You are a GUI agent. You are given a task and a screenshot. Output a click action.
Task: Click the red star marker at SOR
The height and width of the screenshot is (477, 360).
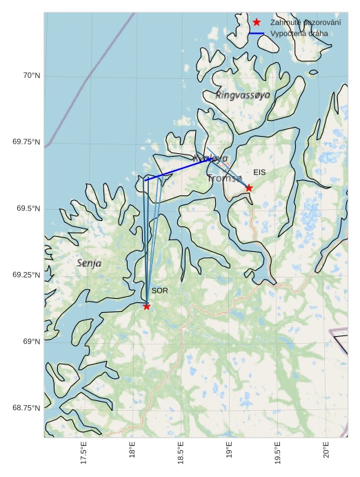(x=146, y=306)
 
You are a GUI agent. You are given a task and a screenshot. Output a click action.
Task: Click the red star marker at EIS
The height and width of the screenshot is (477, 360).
(x=249, y=188)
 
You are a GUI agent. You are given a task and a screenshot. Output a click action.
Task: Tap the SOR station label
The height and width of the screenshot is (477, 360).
(x=159, y=291)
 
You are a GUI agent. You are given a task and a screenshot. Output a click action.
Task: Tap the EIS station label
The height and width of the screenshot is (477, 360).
(x=259, y=172)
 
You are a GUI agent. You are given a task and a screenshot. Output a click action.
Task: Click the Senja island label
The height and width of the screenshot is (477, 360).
(x=89, y=263)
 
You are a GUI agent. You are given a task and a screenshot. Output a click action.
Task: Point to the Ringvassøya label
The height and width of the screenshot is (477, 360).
(x=243, y=95)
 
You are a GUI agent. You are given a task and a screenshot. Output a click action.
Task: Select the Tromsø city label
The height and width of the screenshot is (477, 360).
(x=224, y=178)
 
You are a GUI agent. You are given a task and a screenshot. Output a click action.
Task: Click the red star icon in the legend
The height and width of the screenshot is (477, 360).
(x=257, y=22)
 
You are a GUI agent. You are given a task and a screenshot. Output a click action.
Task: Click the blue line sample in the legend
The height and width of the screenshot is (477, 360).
(x=257, y=33)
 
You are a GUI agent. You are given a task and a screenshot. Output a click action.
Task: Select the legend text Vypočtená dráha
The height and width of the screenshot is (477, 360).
(x=299, y=33)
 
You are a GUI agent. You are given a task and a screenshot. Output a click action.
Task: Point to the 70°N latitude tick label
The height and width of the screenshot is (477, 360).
(x=30, y=75)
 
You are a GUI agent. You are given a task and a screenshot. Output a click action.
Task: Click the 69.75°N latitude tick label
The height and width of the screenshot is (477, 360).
(x=26, y=142)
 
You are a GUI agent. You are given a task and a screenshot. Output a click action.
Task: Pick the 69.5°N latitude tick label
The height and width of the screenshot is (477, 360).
(x=28, y=208)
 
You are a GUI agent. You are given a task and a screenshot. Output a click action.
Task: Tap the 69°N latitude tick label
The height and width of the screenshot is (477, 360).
(x=31, y=341)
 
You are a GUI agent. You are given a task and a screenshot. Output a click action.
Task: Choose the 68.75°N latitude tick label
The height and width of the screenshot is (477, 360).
(x=26, y=408)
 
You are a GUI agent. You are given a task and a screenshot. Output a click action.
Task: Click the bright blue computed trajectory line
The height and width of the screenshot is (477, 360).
(x=179, y=169)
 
